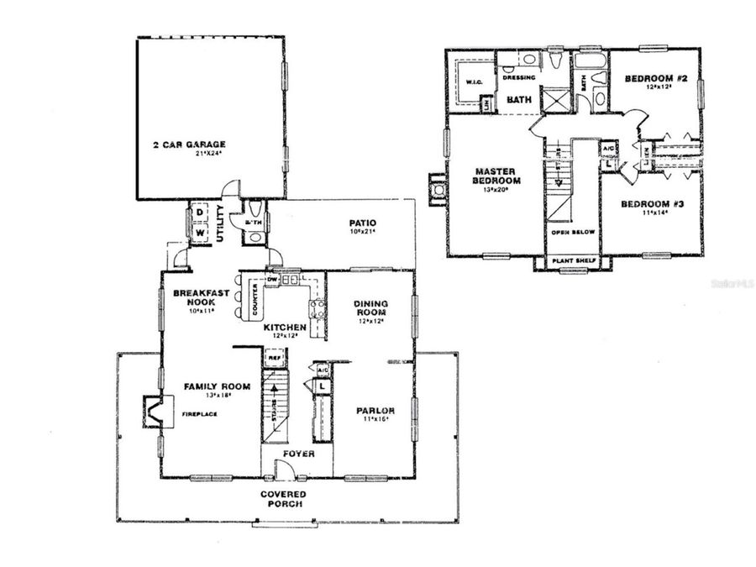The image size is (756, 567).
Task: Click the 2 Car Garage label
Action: tap(190, 144)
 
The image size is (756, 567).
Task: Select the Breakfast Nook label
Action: tap(195, 297)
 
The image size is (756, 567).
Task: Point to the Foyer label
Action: tap(298, 454)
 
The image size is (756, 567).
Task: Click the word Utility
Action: tap(219, 224)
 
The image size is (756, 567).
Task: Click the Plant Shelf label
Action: tap(573, 261)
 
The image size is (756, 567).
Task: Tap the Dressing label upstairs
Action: tap(518, 77)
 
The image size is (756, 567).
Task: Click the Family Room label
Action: tap(218, 387)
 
